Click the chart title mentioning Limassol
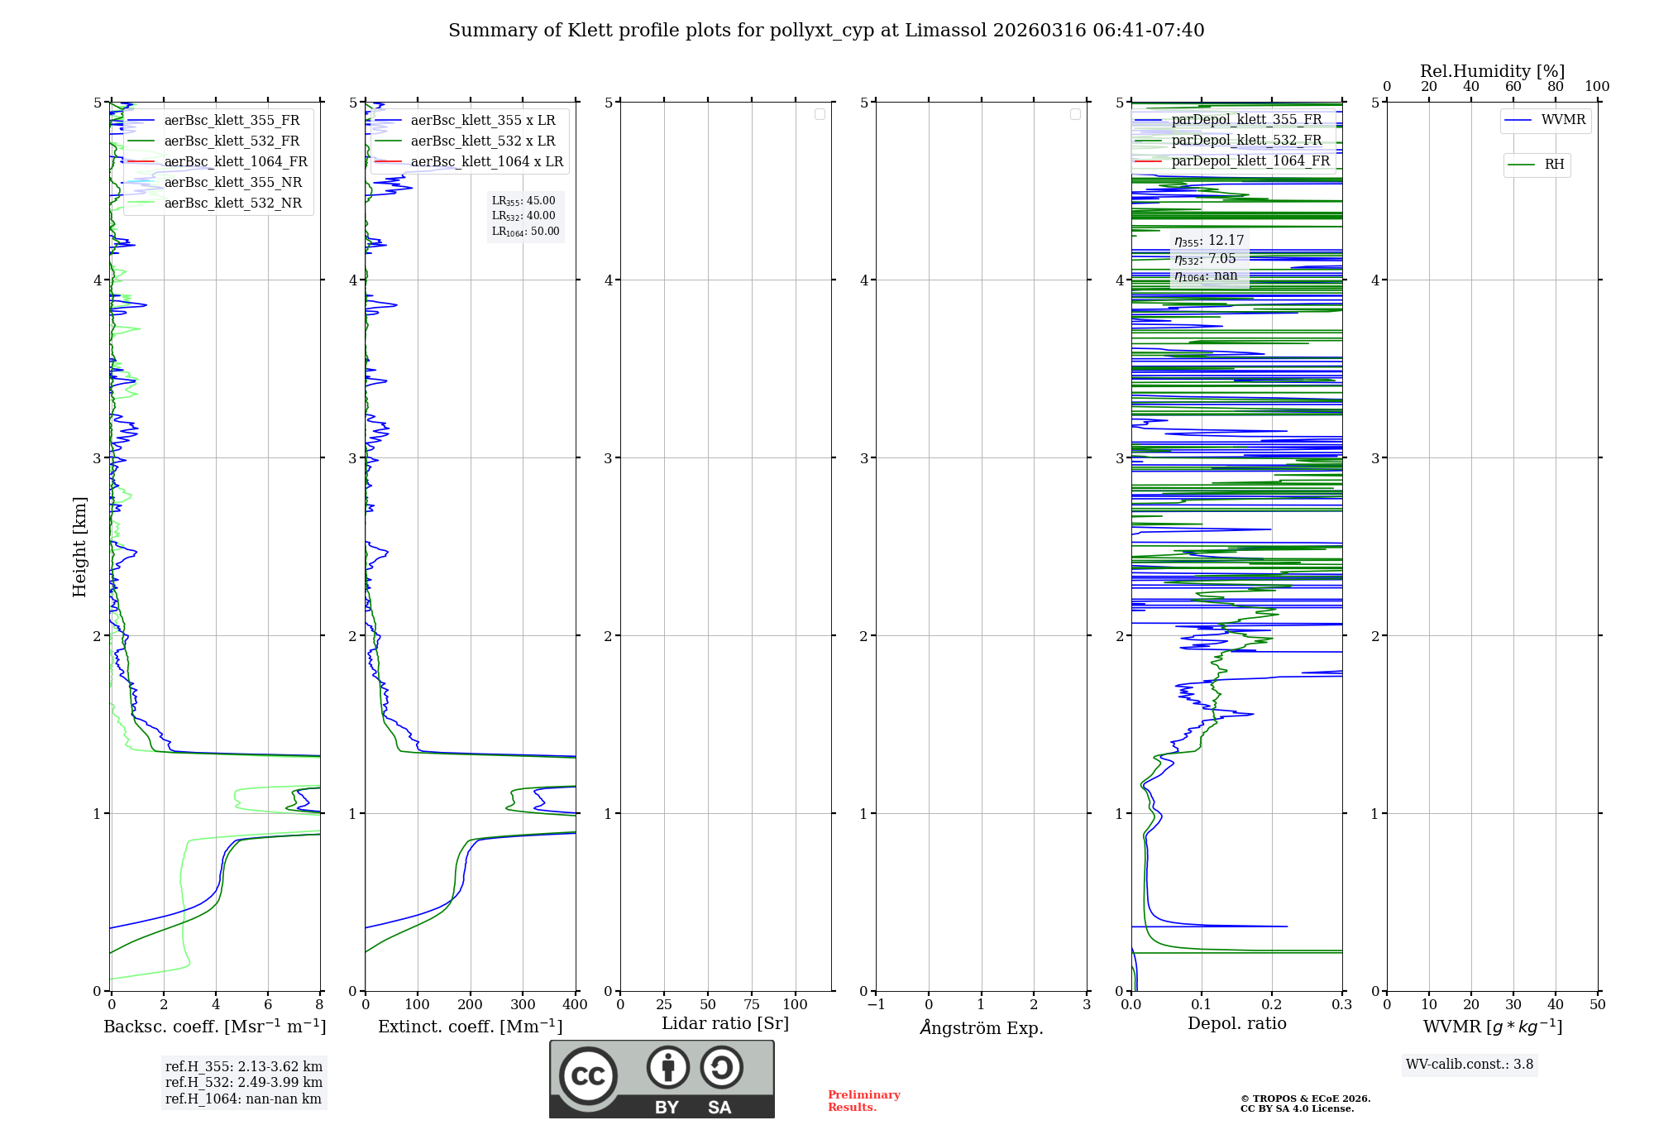[826, 31]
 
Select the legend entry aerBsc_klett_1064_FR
[235, 161]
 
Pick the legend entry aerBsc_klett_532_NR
[232, 203]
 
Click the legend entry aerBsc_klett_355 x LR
[483, 120]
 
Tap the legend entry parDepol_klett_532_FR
[1246, 140]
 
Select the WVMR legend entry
[1563, 120]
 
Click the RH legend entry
[1554, 165]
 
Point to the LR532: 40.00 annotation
[523, 216]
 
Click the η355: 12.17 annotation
[1209, 241]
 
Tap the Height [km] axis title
[79, 547]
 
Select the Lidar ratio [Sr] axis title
[725, 1023]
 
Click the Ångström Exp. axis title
[982, 1027]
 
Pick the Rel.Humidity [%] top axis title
[1492, 71]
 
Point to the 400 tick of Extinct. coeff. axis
[575, 1004]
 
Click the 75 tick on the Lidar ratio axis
[751, 1004]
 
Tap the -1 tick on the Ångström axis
[876, 1004]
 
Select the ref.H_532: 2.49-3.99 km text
[244, 1082]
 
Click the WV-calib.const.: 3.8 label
[1470, 1065]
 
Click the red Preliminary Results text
[863, 1101]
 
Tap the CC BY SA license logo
[662, 1079]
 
